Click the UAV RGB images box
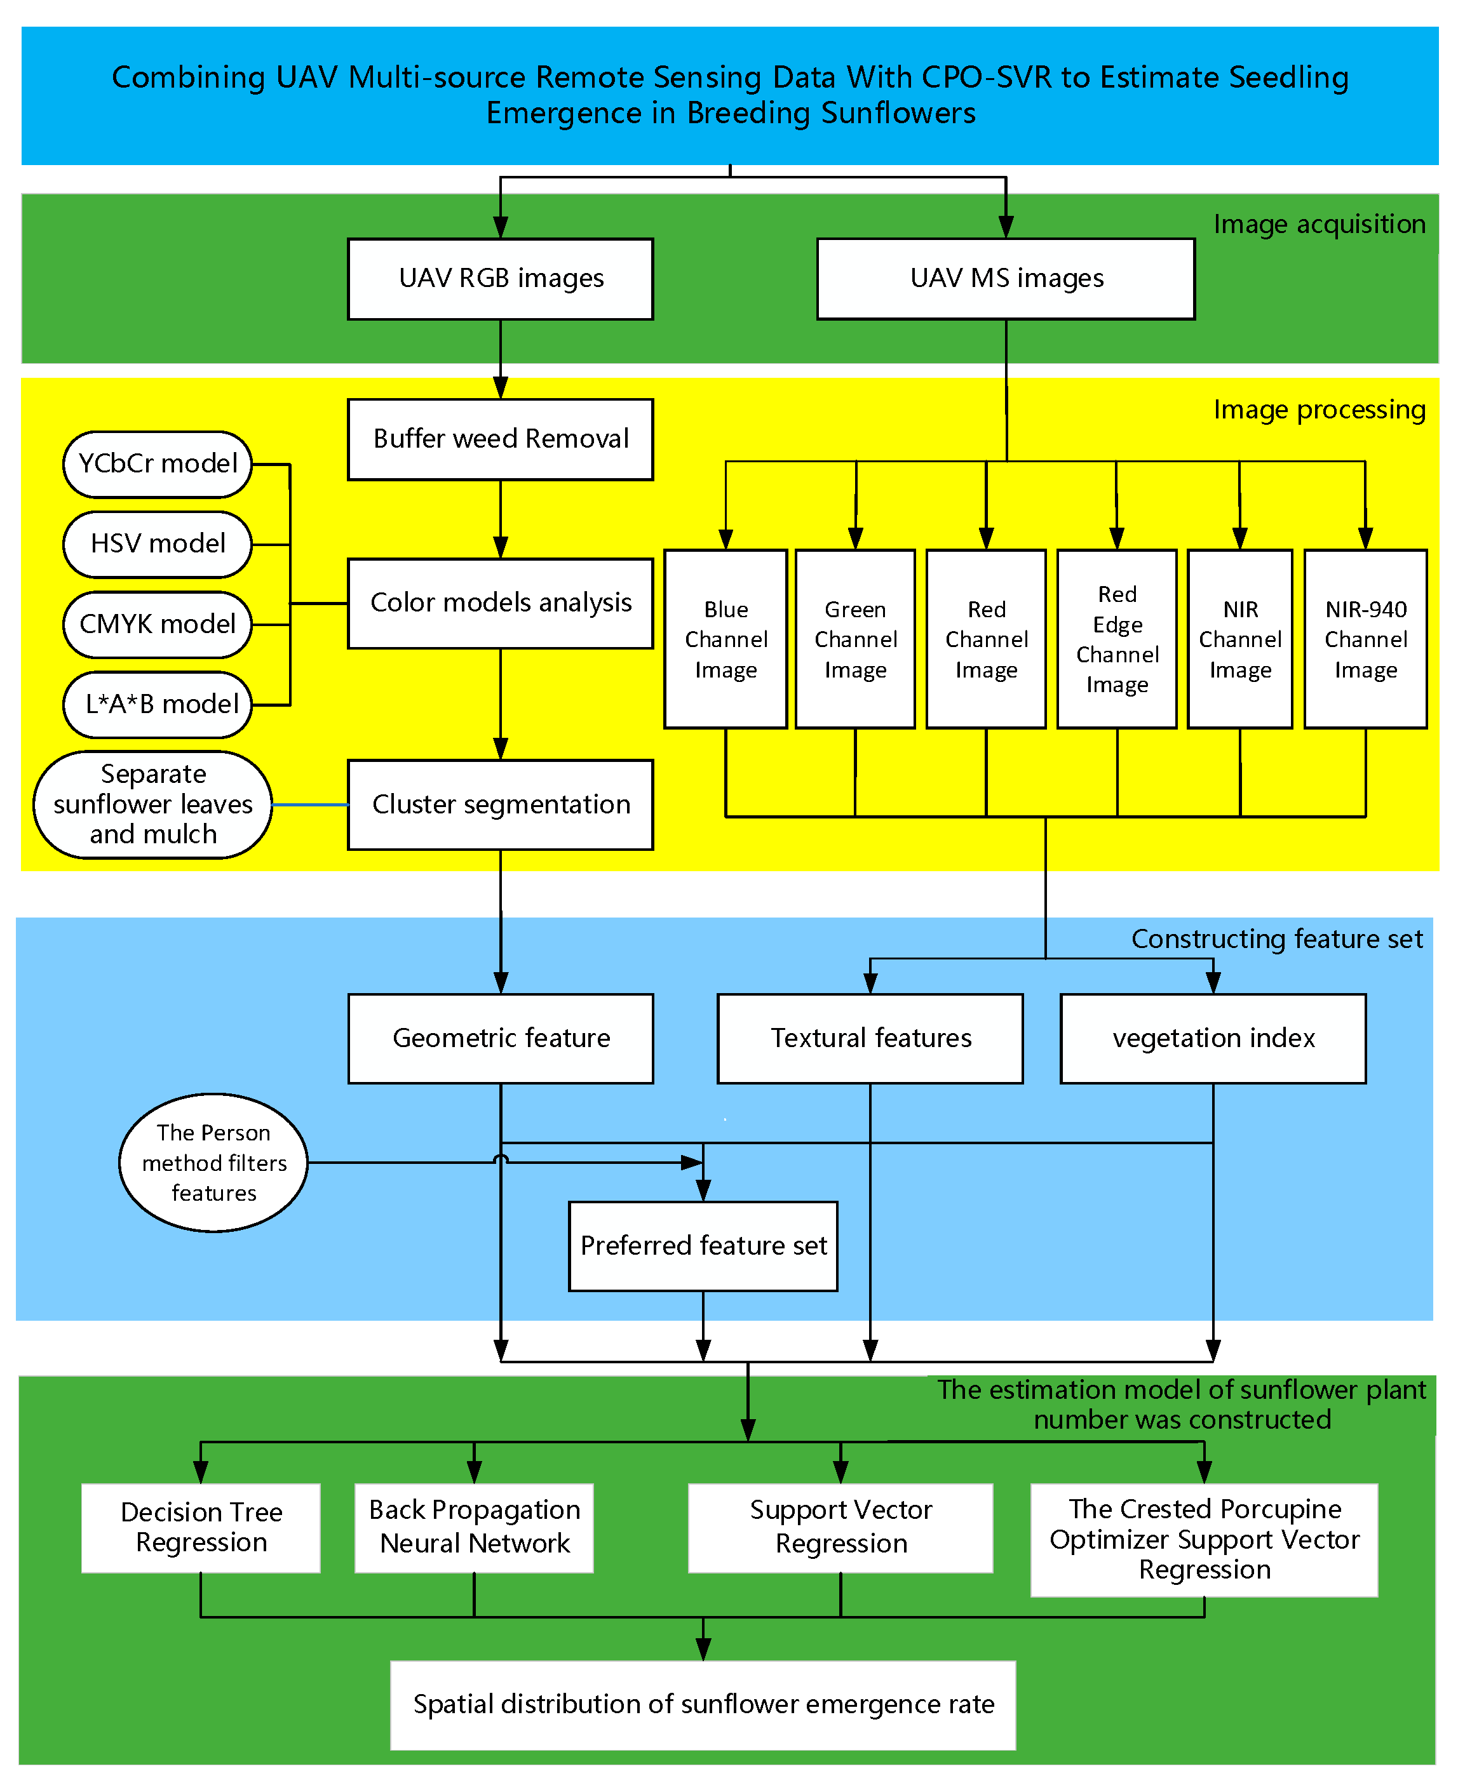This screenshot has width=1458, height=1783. [x=501, y=279]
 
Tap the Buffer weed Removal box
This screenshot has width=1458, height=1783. [x=501, y=439]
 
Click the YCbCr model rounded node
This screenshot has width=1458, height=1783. [x=158, y=464]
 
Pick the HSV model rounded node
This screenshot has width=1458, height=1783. [x=158, y=544]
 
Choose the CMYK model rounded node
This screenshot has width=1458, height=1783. [x=158, y=624]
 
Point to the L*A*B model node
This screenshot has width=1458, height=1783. [x=158, y=704]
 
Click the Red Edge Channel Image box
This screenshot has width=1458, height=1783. [x=1116, y=639]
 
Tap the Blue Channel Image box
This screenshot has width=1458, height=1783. [x=726, y=639]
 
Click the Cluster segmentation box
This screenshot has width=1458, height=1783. [x=501, y=805]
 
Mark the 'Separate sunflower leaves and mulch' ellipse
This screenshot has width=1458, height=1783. [x=153, y=805]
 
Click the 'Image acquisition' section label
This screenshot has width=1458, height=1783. [x=1319, y=224]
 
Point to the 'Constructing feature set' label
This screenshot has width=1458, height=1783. [x=1276, y=938]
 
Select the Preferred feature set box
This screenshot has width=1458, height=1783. [x=703, y=1246]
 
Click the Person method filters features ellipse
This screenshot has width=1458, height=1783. [x=213, y=1163]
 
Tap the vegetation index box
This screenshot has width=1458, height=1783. [x=1213, y=1038]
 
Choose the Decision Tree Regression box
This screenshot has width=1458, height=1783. [x=201, y=1527]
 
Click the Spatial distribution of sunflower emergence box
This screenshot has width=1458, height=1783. [x=703, y=1705]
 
